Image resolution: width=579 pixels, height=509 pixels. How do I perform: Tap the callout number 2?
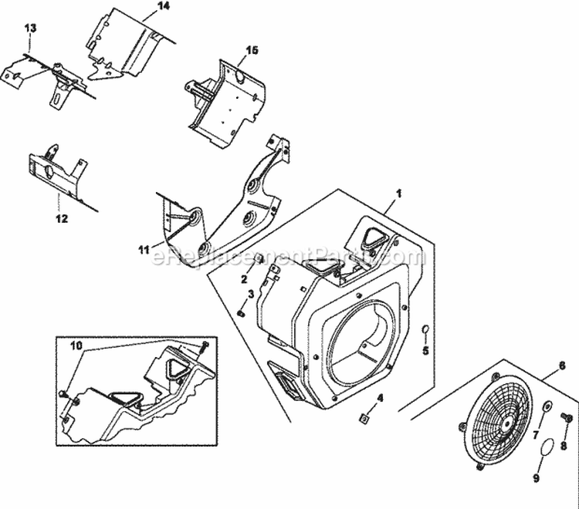pos(244,279)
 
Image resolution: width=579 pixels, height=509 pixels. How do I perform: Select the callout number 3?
pos(251,295)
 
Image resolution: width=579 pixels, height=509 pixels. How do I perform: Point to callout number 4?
pos(379,399)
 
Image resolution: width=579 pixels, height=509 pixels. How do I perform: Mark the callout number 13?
pos(30,28)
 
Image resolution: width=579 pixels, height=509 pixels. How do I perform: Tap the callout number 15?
pos(252,51)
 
